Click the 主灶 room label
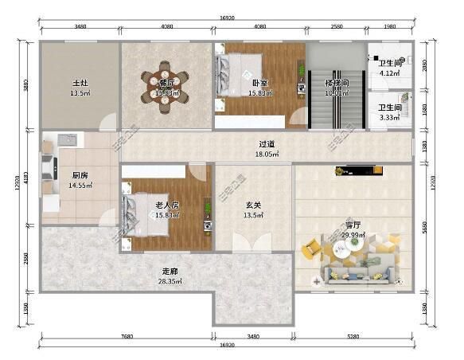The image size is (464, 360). click(80, 83)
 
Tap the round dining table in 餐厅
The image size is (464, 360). click(166, 86)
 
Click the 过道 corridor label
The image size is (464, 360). click(266, 145)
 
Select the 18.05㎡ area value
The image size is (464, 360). click(266, 155)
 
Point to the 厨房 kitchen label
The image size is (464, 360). click(80, 176)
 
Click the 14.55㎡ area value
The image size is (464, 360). click(80, 186)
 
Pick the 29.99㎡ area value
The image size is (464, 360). click(353, 236)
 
